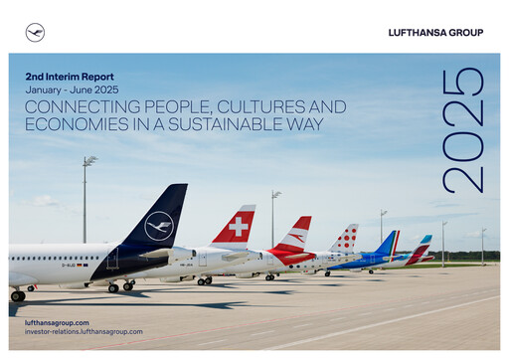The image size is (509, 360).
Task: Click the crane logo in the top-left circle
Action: (x=35, y=33)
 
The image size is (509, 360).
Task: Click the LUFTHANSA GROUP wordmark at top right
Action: (x=435, y=33)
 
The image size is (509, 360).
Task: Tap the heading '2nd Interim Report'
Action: (x=70, y=77)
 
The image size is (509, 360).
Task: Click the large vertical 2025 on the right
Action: (x=463, y=130)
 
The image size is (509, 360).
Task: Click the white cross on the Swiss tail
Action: (x=239, y=227)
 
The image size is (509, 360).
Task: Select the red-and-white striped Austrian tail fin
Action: (x=294, y=237)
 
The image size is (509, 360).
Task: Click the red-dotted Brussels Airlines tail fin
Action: (x=345, y=239)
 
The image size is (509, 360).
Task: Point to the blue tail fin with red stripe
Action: (x=387, y=244)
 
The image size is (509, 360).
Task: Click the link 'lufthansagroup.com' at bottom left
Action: (x=57, y=322)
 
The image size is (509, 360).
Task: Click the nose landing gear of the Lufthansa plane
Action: (x=17, y=295)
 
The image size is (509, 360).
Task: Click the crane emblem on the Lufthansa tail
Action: (x=159, y=226)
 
